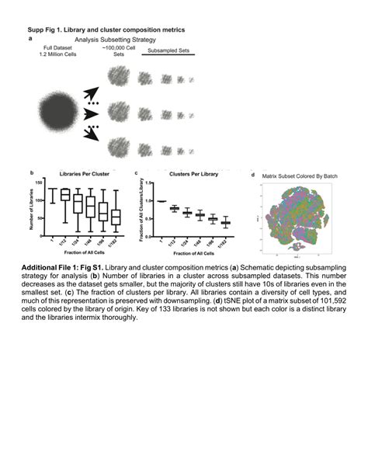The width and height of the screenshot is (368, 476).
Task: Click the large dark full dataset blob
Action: point(55,109)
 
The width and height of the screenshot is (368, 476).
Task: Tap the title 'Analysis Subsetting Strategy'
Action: point(116,39)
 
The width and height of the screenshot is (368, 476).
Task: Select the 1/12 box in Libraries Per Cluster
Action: point(65,194)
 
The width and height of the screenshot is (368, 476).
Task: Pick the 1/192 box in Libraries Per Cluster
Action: point(116,217)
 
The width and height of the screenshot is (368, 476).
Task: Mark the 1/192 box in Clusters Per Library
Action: point(226,223)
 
